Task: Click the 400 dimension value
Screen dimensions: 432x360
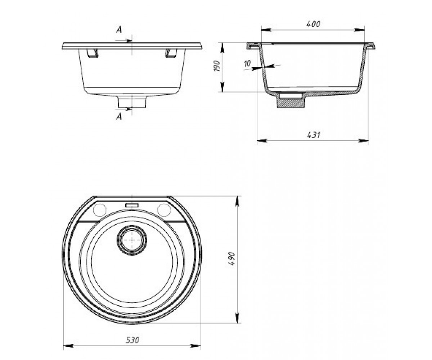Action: (x=313, y=24)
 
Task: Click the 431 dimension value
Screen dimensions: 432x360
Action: (x=313, y=135)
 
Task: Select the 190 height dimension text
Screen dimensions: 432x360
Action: (x=217, y=66)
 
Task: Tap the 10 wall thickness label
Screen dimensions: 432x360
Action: (x=247, y=63)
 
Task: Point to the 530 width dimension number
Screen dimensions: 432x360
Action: (x=132, y=340)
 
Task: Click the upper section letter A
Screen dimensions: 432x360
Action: (x=119, y=30)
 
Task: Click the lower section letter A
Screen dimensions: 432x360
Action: (x=119, y=117)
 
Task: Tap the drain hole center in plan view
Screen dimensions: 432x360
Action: (x=132, y=240)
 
